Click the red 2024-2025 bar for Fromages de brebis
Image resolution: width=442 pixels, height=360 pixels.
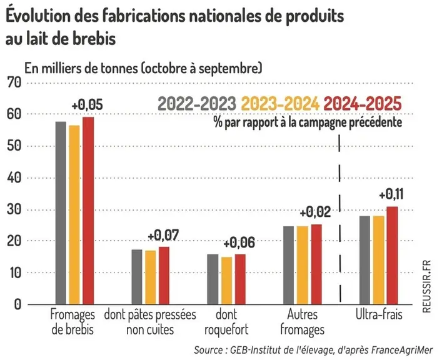coord(88,211)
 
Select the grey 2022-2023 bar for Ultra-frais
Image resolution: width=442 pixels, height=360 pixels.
coord(364,260)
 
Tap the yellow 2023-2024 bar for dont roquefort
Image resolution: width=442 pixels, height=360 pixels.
coord(227,281)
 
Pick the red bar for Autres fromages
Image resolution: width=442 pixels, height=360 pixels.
coord(316,264)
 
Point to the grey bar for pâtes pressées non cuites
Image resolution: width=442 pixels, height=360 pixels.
coord(137,277)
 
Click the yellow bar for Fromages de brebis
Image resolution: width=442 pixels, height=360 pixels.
coord(74,215)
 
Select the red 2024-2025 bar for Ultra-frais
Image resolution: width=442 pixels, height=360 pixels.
coord(392,256)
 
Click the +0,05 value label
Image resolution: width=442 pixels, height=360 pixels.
coord(87,105)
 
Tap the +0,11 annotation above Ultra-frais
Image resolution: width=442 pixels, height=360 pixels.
coord(391,194)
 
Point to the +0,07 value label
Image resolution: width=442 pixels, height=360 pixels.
coord(163,236)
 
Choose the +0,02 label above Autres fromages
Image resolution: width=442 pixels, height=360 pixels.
coord(315,212)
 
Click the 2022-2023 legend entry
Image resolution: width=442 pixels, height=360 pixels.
coord(197,104)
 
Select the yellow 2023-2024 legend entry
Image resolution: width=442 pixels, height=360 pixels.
coord(280,104)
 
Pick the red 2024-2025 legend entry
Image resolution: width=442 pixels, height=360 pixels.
coord(363,104)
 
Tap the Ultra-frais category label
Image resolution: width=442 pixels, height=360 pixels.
coord(379,314)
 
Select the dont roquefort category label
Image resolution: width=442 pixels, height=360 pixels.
coord(226,322)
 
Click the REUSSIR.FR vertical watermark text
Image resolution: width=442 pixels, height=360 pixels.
coord(427,286)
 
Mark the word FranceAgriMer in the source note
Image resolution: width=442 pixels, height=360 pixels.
coord(401,350)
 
